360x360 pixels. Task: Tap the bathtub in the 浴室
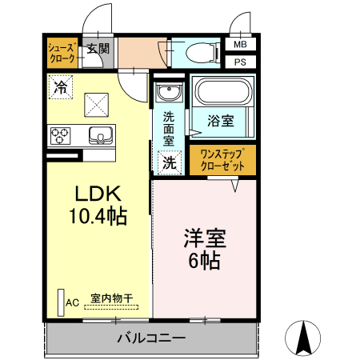point(223,91)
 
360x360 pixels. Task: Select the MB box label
point(240,44)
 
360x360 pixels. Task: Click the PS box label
point(240,62)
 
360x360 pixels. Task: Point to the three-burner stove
point(60,136)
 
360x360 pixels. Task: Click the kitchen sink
point(101,135)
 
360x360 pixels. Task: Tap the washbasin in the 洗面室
point(170,92)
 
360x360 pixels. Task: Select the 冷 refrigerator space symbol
point(61,87)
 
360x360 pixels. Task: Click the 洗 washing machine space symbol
point(170,162)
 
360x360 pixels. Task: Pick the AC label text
point(73,303)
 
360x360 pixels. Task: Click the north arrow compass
point(302,338)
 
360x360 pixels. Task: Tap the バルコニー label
point(151,338)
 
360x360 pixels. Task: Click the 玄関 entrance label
point(98,49)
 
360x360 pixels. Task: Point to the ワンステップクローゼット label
point(222,160)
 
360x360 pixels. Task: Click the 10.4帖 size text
point(98,215)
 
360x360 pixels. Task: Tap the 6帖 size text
point(205,260)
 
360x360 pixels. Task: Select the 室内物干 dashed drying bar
point(111,307)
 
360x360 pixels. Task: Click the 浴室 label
point(221,121)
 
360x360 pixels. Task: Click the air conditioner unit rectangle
point(61,302)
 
